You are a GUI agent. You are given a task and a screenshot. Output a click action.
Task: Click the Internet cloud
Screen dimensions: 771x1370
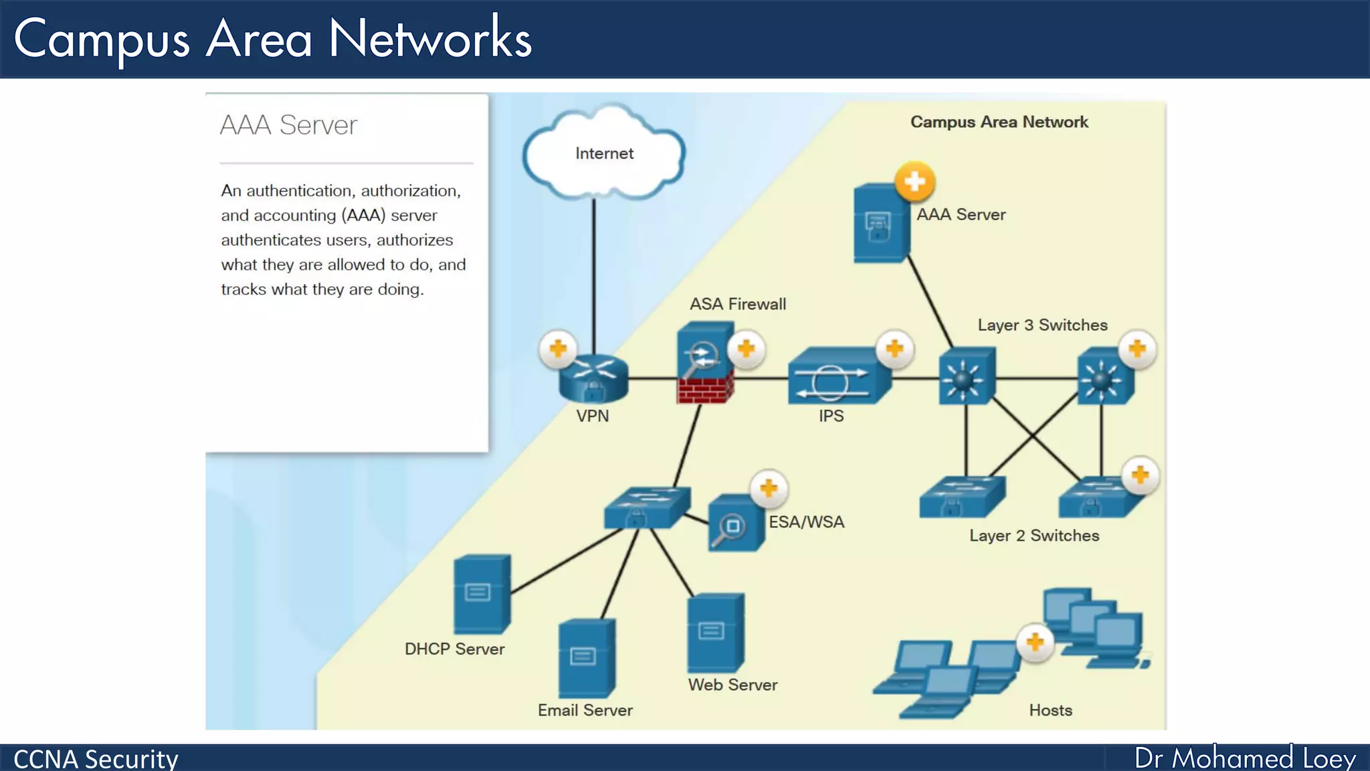coord(604,153)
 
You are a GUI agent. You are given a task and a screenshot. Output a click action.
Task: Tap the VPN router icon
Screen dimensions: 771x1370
coord(593,379)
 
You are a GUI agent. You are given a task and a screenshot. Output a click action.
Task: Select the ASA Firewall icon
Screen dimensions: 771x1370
coord(704,363)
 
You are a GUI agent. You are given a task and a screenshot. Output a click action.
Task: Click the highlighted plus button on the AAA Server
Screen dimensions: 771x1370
coord(914,181)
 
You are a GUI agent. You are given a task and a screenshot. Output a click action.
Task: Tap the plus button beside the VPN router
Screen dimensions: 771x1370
coord(558,349)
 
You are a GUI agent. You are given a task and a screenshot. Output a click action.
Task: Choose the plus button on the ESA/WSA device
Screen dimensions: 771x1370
coord(769,489)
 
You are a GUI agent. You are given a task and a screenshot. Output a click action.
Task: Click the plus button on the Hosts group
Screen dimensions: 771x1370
coord(1035,642)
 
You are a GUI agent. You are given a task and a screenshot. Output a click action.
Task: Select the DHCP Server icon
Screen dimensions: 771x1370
coord(482,594)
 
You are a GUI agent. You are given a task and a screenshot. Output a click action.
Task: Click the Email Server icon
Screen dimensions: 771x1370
coord(586,659)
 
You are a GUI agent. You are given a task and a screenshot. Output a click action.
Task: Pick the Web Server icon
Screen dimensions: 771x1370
coord(715,632)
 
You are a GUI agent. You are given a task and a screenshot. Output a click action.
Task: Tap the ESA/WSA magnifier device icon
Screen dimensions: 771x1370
coord(735,523)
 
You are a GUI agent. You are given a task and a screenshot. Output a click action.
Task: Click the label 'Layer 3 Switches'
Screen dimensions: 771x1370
coord(1042,325)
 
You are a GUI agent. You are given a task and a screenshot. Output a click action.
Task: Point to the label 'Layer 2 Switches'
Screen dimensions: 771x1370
coord(1034,535)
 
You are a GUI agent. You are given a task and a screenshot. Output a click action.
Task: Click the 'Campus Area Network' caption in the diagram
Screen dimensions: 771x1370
coord(999,122)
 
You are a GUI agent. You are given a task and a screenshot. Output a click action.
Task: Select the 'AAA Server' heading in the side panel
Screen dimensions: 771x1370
coord(289,125)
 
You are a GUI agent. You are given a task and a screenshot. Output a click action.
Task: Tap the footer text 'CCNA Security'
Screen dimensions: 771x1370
coord(96,759)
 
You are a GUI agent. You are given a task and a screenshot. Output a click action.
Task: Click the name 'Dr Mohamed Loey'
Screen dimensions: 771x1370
coord(1245,758)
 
